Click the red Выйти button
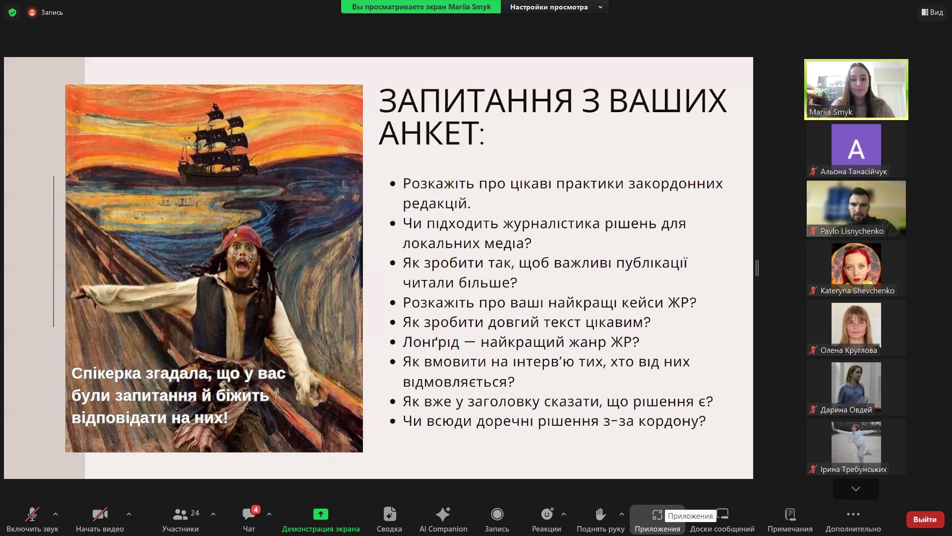[x=925, y=519]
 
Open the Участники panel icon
[x=180, y=514]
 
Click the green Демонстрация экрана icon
[x=321, y=514]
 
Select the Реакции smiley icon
[x=547, y=514]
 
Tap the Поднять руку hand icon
[x=600, y=514]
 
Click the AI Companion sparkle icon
[x=443, y=514]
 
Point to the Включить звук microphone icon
[x=32, y=514]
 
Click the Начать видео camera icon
[x=100, y=514]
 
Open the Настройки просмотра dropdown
[x=555, y=7]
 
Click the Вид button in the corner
[x=932, y=12]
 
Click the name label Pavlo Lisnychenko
[x=852, y=231]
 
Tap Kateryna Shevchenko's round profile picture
[x=856, y=265]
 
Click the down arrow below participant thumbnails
[x=856, y=489]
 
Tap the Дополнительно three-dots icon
[x=853, y=514]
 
